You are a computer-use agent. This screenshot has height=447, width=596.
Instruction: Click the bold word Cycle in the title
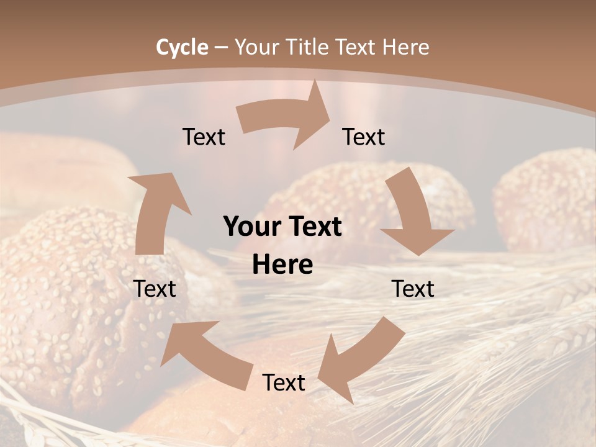tap(182, 47)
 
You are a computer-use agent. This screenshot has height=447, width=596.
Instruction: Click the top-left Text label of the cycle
tap(204, 137)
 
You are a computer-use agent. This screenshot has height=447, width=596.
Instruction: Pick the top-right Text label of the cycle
tap(364, 137)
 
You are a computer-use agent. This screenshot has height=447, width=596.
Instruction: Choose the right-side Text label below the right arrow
tap(413, 289)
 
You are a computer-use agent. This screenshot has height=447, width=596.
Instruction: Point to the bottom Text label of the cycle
tap(284, 382)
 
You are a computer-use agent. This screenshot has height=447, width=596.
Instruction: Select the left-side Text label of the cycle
tap(155, 289)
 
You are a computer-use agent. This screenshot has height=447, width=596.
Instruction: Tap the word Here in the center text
tap(282, 264)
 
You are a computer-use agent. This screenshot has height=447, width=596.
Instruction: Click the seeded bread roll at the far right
tap(546, 199)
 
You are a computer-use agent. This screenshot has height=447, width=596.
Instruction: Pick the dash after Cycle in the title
tap(221, 47)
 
